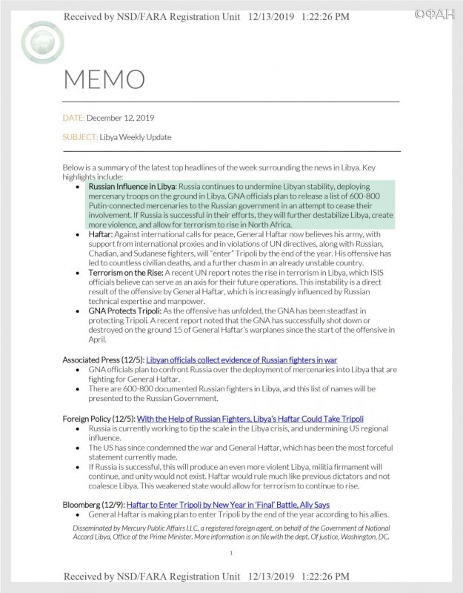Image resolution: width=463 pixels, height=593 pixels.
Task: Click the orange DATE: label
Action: coord(74,118)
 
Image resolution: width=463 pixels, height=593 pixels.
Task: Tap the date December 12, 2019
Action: coord(121,118)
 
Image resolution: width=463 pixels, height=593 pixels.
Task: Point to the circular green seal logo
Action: coord(41,42)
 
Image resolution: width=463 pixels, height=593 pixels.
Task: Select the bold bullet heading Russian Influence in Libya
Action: coord(130,188)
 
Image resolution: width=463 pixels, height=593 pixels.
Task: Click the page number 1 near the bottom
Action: coord(232,552)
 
